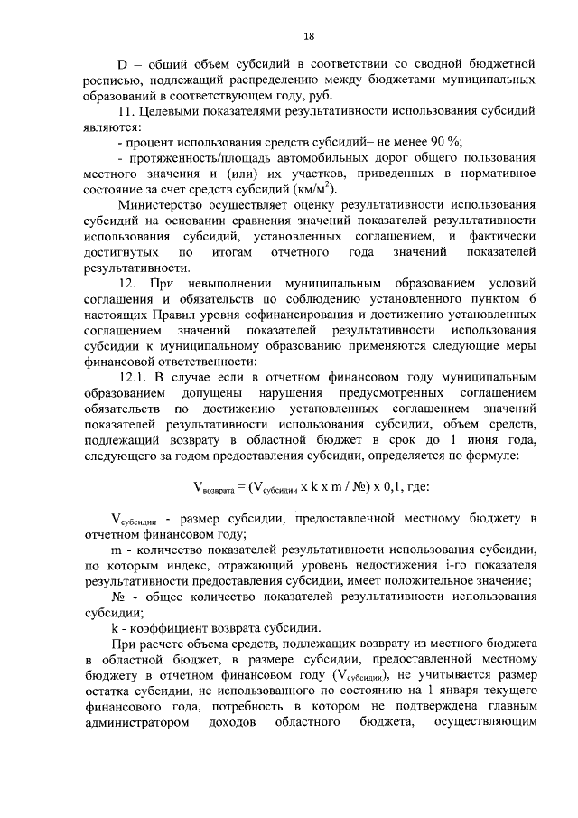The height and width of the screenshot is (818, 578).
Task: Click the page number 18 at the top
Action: [x=309, y=37]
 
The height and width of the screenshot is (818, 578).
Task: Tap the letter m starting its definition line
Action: [x=116, y=549]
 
